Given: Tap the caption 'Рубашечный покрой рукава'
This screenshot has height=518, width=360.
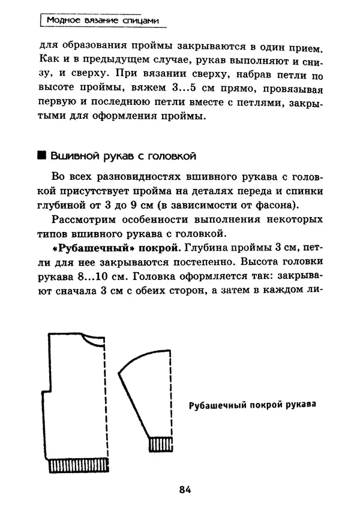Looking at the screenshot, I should point(252,404).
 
